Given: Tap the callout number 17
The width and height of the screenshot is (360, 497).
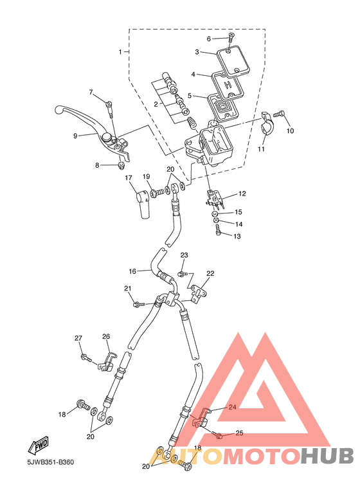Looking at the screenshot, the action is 129,178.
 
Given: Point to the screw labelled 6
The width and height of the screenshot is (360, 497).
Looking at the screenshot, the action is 230,39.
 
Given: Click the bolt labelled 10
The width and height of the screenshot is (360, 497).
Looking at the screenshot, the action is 280,113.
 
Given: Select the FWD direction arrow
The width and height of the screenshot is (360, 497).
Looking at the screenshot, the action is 39,446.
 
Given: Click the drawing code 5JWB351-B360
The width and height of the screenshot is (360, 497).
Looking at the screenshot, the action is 51,462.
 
